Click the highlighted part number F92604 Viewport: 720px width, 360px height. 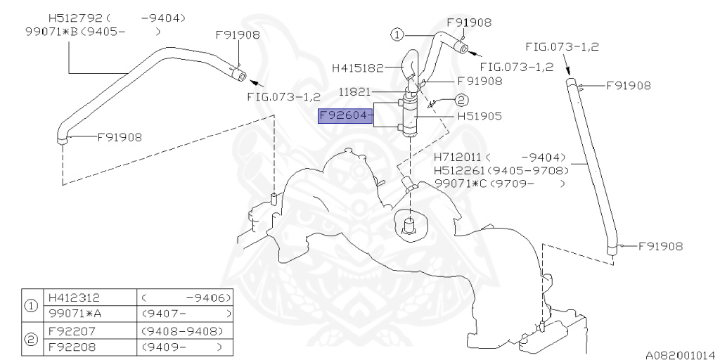(345, 116)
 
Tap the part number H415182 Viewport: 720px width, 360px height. (358, 68)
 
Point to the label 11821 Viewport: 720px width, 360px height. (354, 92)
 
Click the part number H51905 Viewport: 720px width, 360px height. (480, 116)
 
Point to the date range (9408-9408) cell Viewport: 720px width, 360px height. (182, 330)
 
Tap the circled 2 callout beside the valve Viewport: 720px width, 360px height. (461, 99)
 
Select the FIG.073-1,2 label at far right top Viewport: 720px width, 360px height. (562, 47)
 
